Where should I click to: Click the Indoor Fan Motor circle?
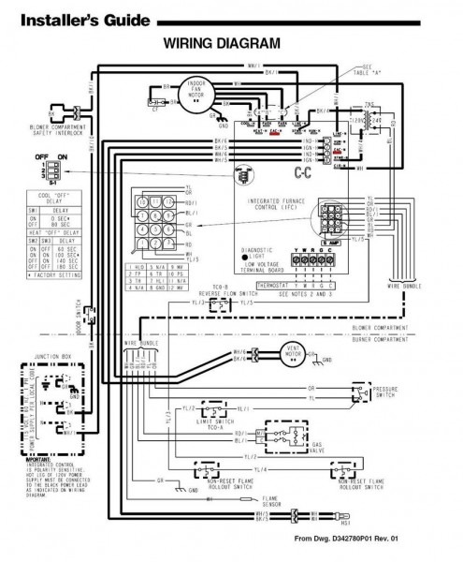(196, 94)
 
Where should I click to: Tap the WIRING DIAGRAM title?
(222, 43)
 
